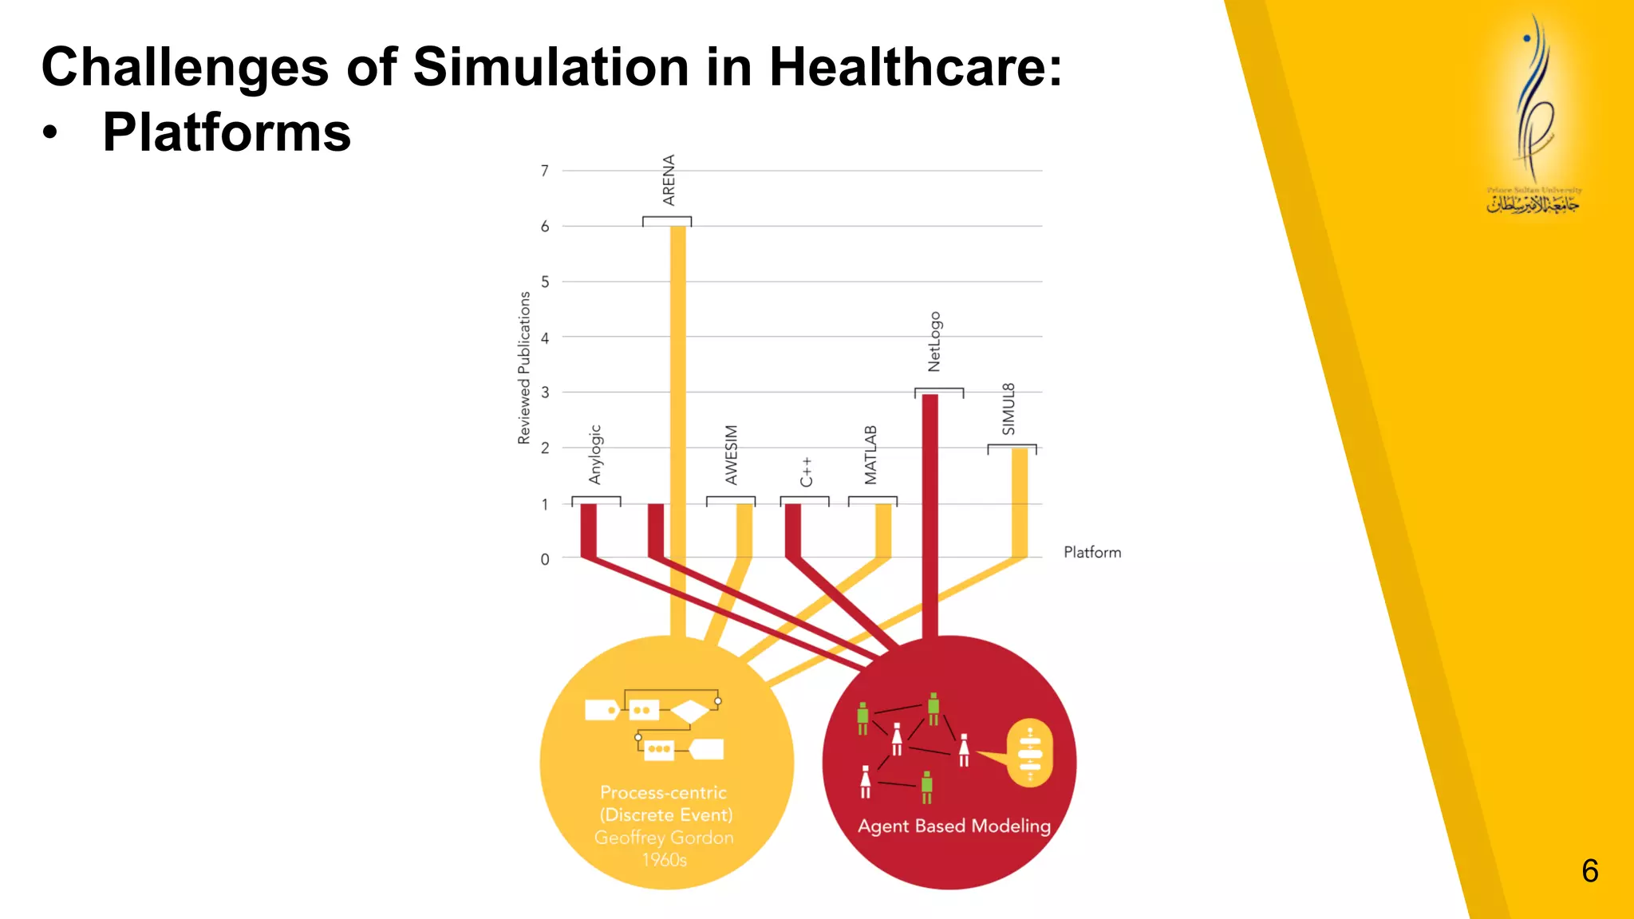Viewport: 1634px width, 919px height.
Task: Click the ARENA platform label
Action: (669, 180)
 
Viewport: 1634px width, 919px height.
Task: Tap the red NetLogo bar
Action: (929, 511)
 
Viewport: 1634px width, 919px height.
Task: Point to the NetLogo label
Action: (934, 341)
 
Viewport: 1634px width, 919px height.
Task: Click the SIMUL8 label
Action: (1008, 409)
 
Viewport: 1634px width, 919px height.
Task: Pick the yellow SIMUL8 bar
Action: (1020, 503)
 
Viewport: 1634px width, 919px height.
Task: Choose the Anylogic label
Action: (595, 455)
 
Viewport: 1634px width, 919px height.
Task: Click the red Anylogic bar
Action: (588, 530)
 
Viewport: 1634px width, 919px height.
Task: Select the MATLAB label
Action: (870, 455)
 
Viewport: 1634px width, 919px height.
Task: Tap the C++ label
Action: (807, 471)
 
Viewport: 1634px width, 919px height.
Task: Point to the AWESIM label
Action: (731, 455)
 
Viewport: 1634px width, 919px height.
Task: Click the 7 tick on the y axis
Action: (545, 171)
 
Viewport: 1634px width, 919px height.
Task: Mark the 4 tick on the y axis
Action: (545, 337)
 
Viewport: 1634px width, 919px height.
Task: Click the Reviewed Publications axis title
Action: (524, 368)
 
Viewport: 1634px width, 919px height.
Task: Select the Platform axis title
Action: (1092, 552)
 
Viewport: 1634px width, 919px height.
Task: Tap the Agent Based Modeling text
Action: (954, 826)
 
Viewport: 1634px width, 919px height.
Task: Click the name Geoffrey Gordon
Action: (664, 838)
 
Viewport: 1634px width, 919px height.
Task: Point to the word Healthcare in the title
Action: (915, 66)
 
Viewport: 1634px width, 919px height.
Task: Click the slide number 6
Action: (1589, 871)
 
